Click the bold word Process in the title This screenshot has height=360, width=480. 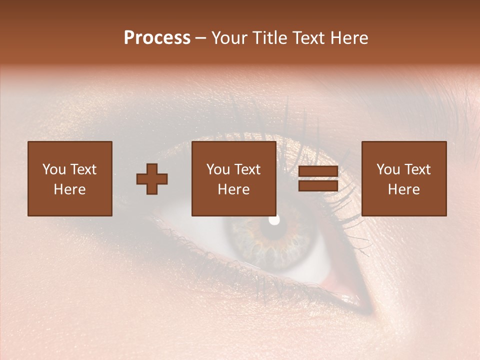(x=157, y=38)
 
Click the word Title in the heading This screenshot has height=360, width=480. (x=270, y=38)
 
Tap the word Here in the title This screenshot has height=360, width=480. (x=348, y=38)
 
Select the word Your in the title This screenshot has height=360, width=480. (x=229, y=38)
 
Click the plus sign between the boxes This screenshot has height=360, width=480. (x=152, y=179)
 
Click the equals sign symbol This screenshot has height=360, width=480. (x=318, y=179)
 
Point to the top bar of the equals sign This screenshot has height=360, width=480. (x=318, y=171)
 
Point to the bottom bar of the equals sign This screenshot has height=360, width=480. (x=318, y=186)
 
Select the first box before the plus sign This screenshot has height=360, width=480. (x=69, y=178)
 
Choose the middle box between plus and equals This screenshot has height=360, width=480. (x=233, y=178)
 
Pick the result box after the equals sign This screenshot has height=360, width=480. (x=403, y=178)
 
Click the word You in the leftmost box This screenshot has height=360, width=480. (x=53, y=169)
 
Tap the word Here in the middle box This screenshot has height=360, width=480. (x=233, y=189)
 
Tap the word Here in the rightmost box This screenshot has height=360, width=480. (x=403, y=189)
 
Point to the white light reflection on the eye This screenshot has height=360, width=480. (x=274, y=219)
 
